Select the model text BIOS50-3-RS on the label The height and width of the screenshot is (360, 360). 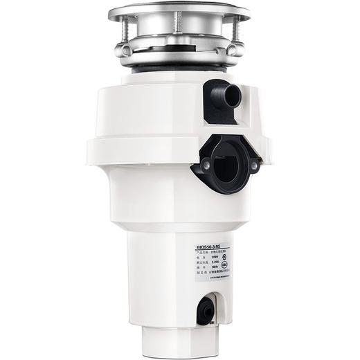pyautogui.click(x=213, y=246)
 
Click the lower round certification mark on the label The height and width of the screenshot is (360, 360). pyautogui.click(x=234, y=272)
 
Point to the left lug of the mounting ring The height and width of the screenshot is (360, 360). pyautogui.click(x=123, y=50)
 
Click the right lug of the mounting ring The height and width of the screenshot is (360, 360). pyautogui.click(x=237, y=50)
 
